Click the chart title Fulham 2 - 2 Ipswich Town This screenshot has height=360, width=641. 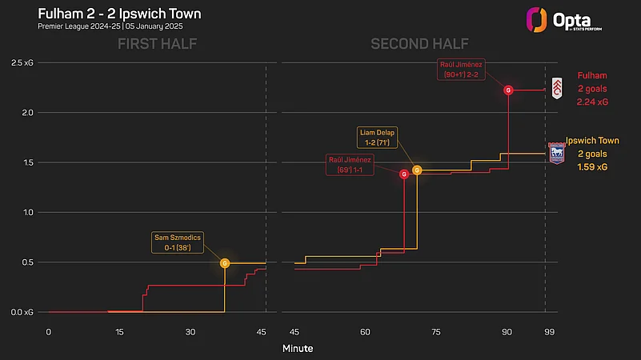(x=119, y=14)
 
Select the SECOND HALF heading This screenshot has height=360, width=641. (x=419, y=44)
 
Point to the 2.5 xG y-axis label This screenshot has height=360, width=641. (x=22, y=62)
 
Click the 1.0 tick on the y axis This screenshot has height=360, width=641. (x=30, y=212)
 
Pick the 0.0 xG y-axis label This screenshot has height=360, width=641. (x=22, y=312)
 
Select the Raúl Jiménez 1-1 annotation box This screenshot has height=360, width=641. (x=350, y=166)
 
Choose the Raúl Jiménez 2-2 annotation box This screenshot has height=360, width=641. (x=461, y=68)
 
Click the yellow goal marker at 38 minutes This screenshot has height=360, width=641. (x=225, y=262)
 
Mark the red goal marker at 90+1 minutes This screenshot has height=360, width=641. (x=508, y=90)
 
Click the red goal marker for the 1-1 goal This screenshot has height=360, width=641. (x=404, y=174)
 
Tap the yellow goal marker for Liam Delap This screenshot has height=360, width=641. (x=417, y=170)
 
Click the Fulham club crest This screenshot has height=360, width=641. (x=557, y=87)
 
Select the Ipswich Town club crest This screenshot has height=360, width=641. (x=556, y=153)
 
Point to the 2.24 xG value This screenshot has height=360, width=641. (x=592, y=102)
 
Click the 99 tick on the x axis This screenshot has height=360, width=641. (x=545, y=331)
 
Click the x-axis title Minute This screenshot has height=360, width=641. (x=298, y=349)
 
